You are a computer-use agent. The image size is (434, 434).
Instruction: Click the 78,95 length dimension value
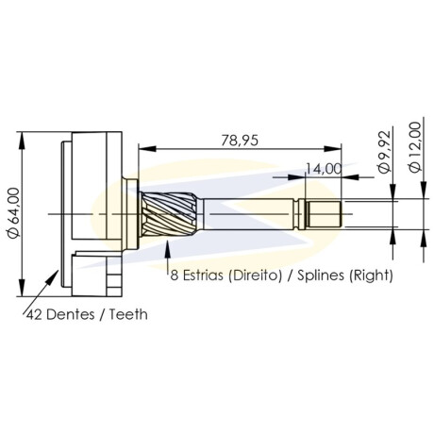[240, 141]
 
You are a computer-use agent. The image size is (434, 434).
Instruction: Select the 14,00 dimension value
[324, 169]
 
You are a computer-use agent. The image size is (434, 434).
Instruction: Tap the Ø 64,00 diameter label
[14, 213]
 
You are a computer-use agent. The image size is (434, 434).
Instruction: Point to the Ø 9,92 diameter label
[385, 151]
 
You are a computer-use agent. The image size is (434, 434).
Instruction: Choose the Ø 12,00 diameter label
[415, 147]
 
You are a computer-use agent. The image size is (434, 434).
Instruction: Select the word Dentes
[71, 314]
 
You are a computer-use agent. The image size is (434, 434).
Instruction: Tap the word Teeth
[128, 314]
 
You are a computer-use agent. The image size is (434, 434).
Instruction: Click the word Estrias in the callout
[203, 275]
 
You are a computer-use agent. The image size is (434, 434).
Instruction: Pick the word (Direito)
[255, 275]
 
